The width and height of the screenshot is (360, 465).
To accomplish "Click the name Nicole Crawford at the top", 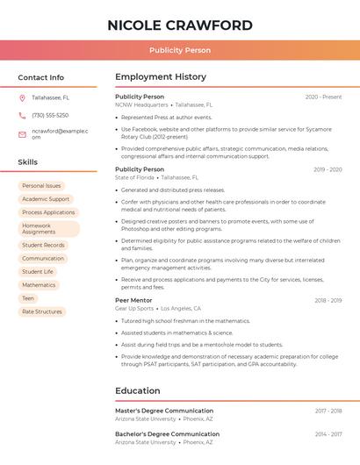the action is pos(179,25).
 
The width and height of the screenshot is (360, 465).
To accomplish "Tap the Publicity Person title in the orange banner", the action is pos(179,51).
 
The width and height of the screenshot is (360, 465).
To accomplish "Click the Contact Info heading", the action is pos(40,77).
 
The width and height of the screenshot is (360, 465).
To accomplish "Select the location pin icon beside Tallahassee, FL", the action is pos(22,97).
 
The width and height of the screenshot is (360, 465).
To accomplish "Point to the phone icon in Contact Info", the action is pos(22,116).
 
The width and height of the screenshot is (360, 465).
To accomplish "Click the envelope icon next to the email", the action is pos(22,134).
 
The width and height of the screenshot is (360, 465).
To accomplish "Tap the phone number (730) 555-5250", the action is pos(50,116).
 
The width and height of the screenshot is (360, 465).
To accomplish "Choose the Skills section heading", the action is pos(28,162).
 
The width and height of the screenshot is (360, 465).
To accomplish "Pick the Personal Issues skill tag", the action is pos(41,186).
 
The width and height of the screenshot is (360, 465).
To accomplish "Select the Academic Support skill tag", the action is pos(46,199).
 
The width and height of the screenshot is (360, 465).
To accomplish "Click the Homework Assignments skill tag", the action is pos(48,229).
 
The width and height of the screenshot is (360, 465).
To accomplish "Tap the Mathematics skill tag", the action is pos(39,285).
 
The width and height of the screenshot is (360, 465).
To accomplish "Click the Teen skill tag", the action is pos(28,298).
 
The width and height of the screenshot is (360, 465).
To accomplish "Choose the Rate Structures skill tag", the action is pos(42,311).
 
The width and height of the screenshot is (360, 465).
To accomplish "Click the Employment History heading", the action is pos(161,77).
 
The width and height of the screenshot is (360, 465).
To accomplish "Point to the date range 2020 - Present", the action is pos(323,97).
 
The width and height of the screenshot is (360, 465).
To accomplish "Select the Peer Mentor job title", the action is pos(133,300).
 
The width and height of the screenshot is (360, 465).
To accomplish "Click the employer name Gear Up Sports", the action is pos(134,309).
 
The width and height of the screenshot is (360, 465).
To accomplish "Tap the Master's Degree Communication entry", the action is pos(164,411).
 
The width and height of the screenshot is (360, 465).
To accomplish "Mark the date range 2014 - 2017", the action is pos(328,434).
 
